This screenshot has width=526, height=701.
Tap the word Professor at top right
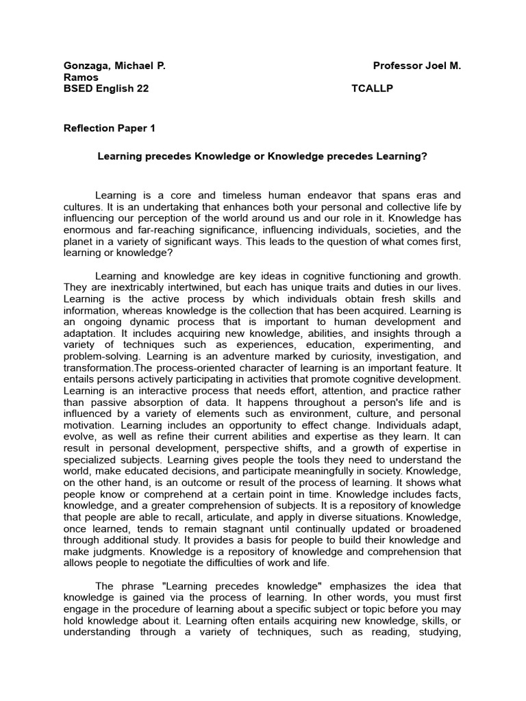[x=399, y=66]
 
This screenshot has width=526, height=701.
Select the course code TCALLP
[x=372, y=88]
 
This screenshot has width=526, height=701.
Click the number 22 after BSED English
[x=142, y=88]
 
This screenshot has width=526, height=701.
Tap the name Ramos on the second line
[x=80, y=77]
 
